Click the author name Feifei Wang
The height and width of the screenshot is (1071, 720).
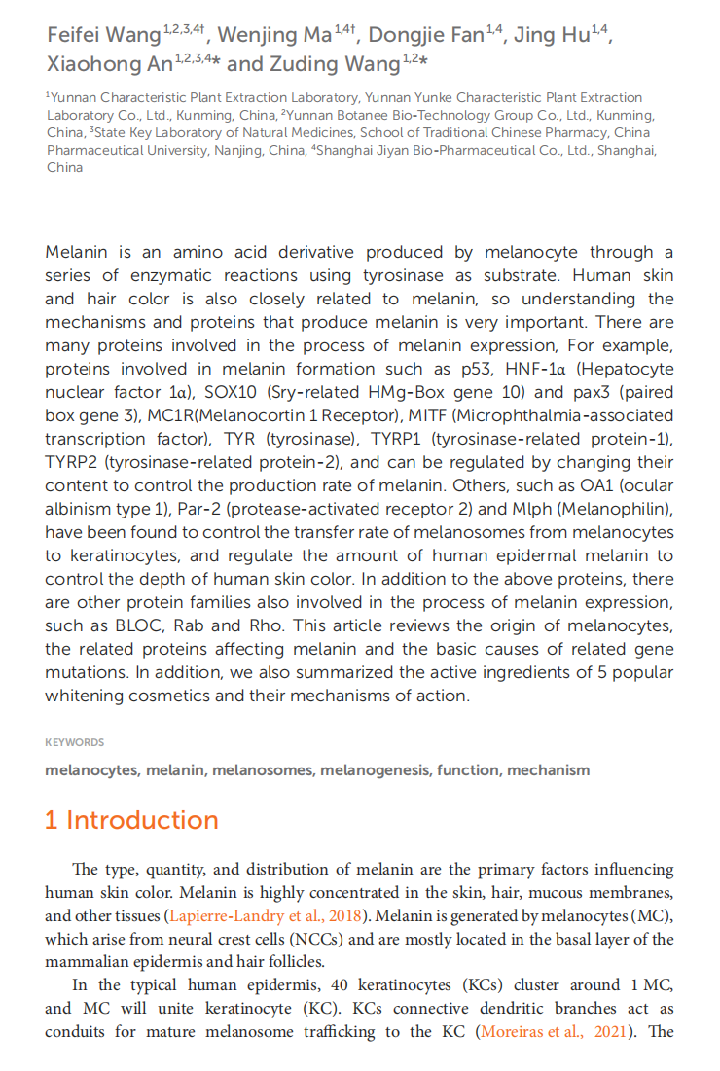[x=103, y=37]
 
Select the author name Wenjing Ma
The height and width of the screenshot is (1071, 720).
[x=273, y=37]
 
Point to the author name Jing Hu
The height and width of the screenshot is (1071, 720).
[x=551, y=37]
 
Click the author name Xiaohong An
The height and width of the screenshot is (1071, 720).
[x=110, y=65]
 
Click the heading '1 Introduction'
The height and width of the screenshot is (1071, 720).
[x=131, y=820]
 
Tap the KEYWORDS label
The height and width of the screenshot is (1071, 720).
[x=74, y=742]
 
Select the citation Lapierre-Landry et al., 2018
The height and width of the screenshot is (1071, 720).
[x=269, y=914]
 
